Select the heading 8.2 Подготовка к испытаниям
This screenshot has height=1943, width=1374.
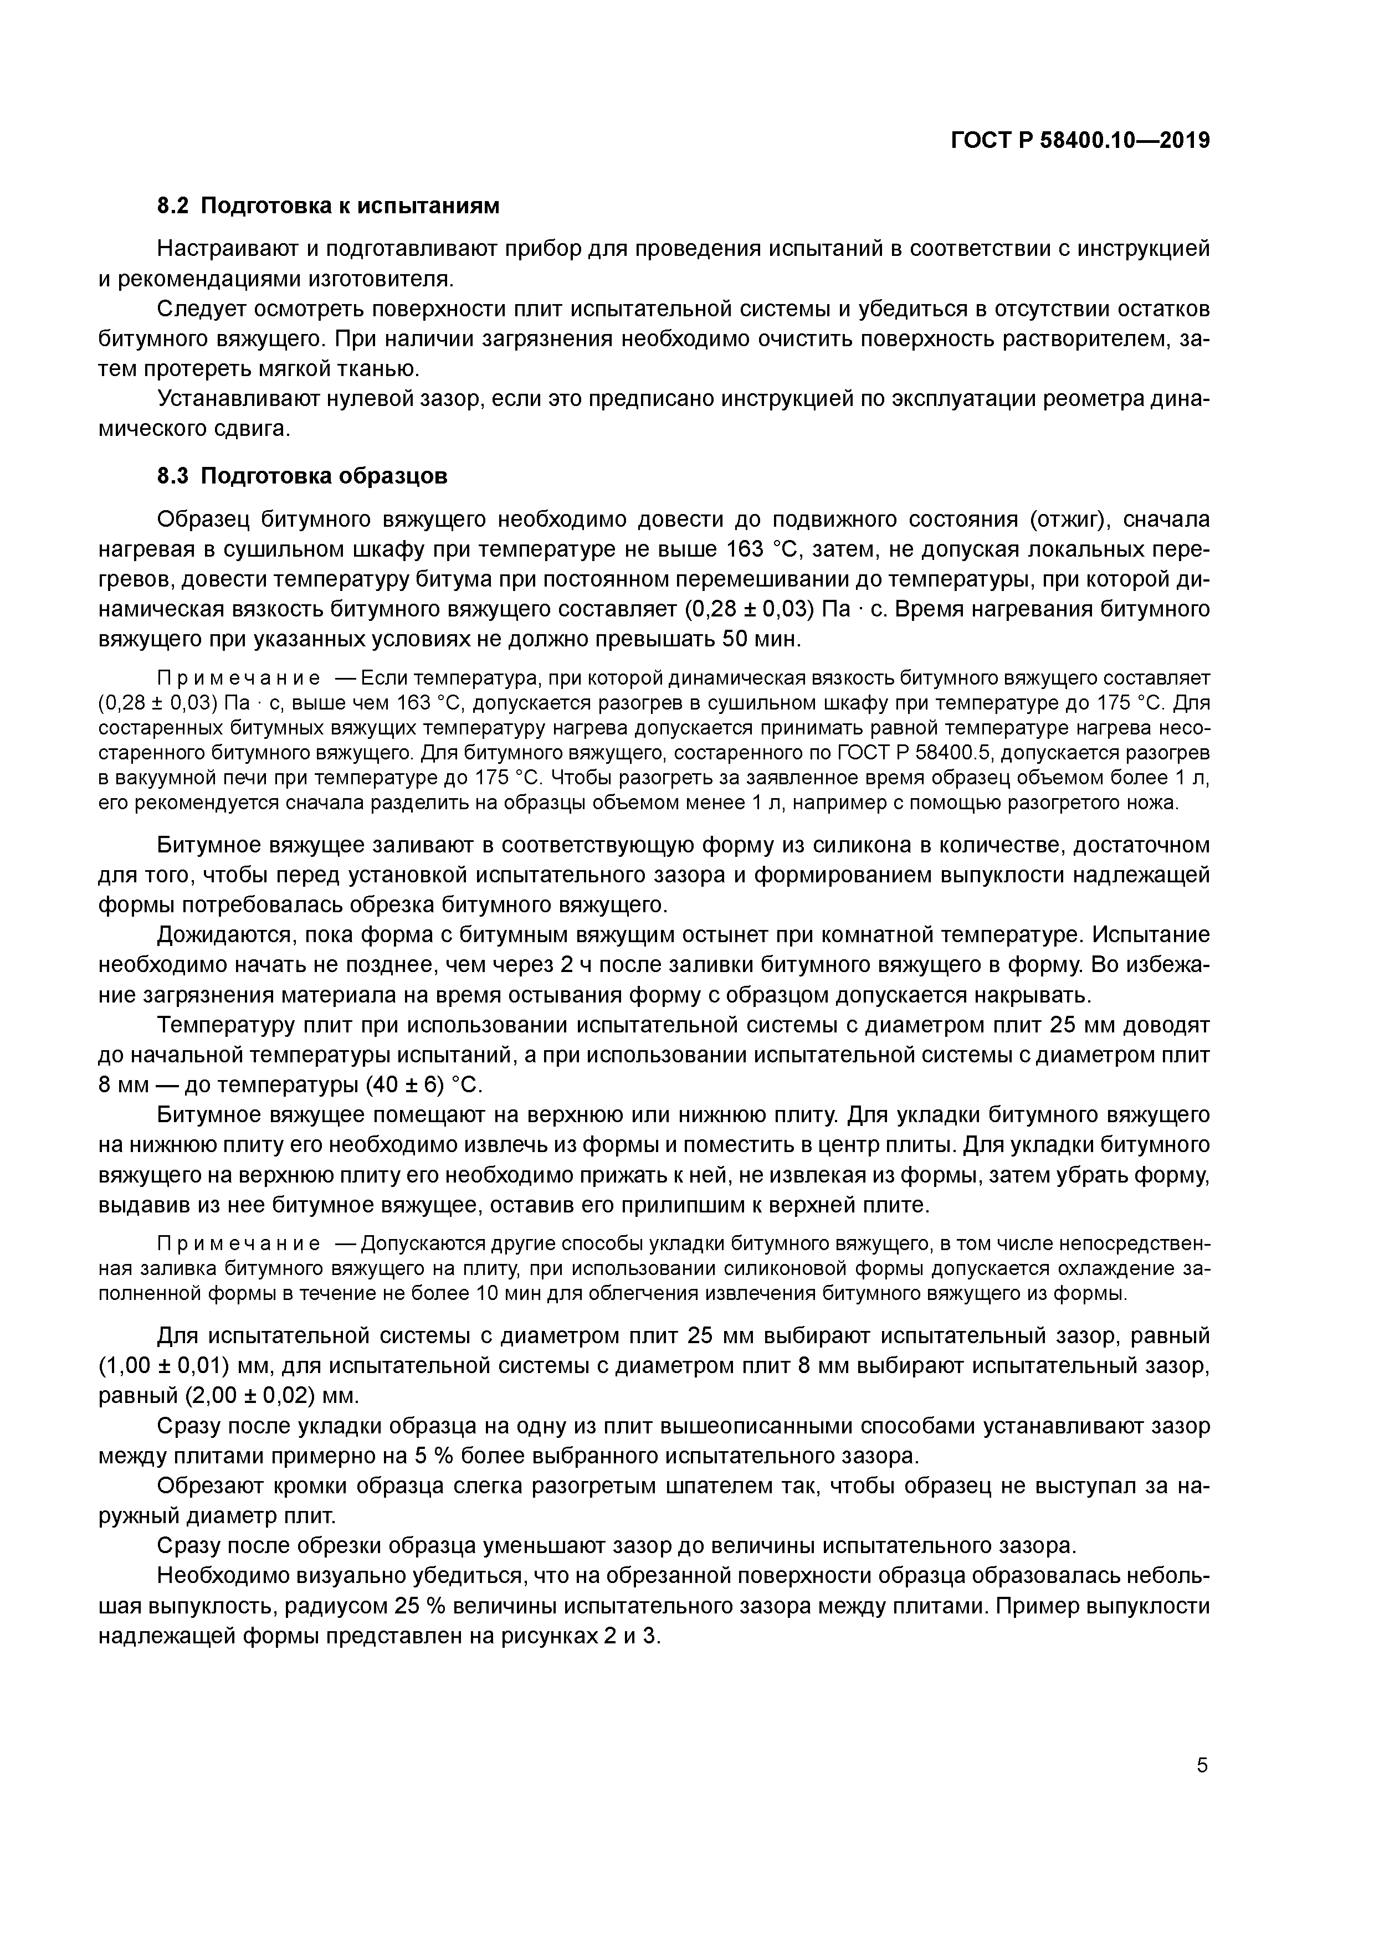tap(329, 205)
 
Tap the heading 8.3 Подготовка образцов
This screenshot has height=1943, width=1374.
tap(303, 476)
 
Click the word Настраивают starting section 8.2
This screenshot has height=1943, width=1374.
tap(224, 249)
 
